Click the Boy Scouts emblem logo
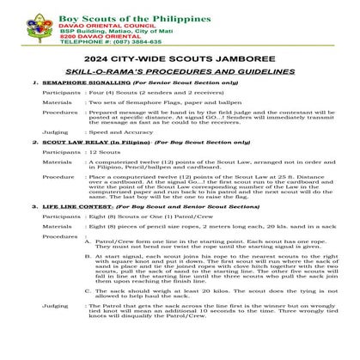24,23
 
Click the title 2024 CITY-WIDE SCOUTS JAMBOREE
180,58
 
